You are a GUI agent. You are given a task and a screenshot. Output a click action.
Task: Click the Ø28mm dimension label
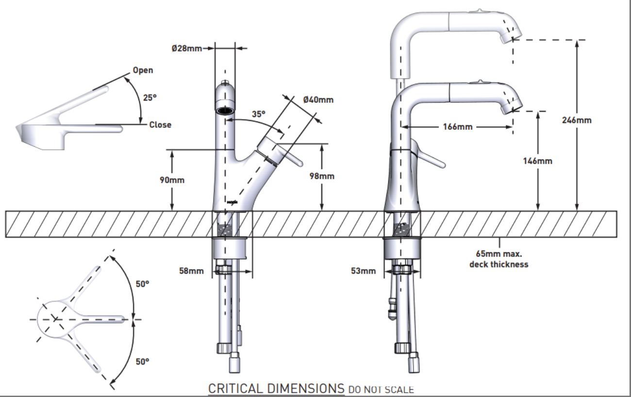(x=186, y=48)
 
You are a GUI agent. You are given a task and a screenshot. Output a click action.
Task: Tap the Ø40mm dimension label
(x=318, y=100)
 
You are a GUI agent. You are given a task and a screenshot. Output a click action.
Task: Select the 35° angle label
(x=259, y=114)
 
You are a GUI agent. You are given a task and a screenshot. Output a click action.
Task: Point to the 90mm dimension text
(x=172, y=180)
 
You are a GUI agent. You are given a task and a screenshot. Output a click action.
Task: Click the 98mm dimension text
(x=322, y=176)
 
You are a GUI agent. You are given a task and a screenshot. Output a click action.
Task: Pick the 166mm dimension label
(x=457, y=127)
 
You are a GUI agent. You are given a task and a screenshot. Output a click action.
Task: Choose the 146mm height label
(x=537, y=160)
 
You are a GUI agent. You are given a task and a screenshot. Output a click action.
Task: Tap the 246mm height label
(x=577, y=120)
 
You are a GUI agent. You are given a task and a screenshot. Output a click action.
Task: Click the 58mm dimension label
(x=191, y=271)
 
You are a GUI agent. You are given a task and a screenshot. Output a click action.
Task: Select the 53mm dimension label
(x=363, y=271)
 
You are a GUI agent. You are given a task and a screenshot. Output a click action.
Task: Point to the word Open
(x=143, y=70)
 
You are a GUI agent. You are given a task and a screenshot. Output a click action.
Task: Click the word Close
(x=160, y=125)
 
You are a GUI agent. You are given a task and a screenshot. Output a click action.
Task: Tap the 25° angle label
(x=150, y=97)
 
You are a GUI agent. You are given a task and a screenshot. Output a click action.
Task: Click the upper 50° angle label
(x=142, y=284)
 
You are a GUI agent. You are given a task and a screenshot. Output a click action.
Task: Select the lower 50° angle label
(x=142, y=361)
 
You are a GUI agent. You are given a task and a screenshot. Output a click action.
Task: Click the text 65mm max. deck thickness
(x=499, y=259)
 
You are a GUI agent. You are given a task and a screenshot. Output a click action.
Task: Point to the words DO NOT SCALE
(x=381, y=389)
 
